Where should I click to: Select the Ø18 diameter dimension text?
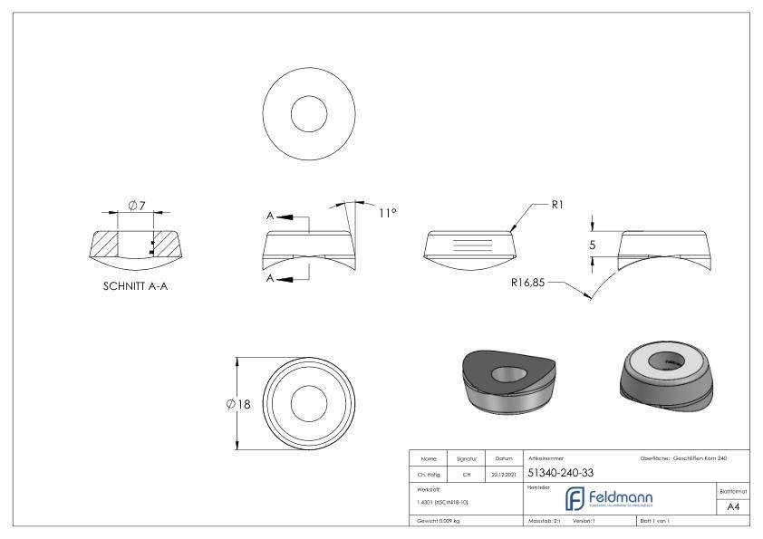(239, 403)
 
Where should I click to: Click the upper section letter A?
(270, 217)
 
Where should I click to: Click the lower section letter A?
(270, 279)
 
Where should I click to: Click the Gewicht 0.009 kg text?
(439, 522)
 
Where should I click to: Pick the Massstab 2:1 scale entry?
(546, 522)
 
